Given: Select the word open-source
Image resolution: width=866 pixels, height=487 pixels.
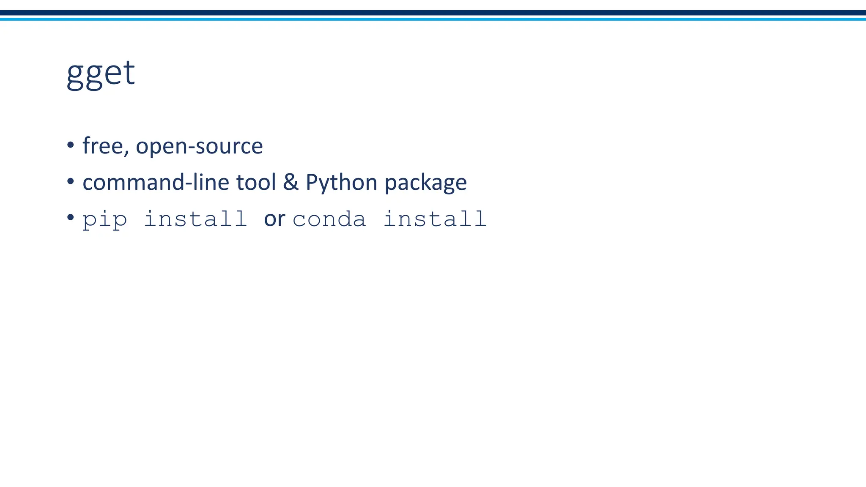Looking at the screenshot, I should tap(199, 147).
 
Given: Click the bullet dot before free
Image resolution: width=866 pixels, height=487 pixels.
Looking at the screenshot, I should tap(71, 145).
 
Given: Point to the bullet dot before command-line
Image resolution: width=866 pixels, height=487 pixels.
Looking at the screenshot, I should tap(71, 182).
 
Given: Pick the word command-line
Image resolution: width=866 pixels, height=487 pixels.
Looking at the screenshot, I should tap(156, 182).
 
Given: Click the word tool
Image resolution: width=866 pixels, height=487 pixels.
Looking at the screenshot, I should tap(256, 182).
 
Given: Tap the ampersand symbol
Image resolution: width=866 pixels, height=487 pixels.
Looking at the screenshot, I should tap(290, 182).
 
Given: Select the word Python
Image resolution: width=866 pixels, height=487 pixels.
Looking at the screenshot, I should tap(341, 183).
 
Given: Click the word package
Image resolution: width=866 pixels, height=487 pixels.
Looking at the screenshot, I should tap(426, 183).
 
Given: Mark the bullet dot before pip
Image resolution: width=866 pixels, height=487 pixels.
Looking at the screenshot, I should tap(71, 218).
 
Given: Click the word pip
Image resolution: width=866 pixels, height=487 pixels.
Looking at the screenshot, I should tap(104, 220).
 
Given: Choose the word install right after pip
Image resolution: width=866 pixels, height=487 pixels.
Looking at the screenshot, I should tap(195, 219).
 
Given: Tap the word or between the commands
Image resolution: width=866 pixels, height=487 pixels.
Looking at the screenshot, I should tap(274, 219).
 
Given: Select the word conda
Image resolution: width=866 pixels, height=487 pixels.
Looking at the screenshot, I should tap(329, 219).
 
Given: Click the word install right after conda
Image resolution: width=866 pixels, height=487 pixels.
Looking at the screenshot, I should tap(435, 219).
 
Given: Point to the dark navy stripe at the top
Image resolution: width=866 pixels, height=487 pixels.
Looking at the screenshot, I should tap(433, 13).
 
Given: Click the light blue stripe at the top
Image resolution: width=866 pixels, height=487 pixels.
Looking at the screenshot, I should tap(433, 19).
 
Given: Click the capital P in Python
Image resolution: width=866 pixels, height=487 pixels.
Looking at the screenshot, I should tap(311, 182).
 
